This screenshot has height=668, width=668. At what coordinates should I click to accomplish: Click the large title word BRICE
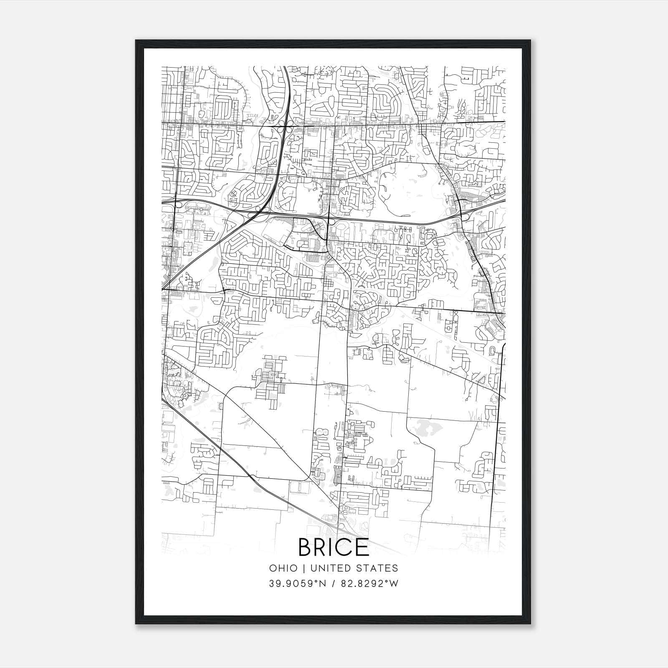[x=334, y=547]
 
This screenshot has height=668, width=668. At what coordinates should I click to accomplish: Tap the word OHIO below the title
[x=283, y=568]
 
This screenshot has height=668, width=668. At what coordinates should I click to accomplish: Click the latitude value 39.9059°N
[x=296, y=584]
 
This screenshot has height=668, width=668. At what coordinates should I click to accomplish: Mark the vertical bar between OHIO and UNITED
[x=304, y=568]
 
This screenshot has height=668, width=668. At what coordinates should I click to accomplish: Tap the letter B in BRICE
[x=306, y=547]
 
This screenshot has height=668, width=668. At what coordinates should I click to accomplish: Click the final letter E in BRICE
[x=364, y=547]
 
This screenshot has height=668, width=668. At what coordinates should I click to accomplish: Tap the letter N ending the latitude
[x=319, y=584]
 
